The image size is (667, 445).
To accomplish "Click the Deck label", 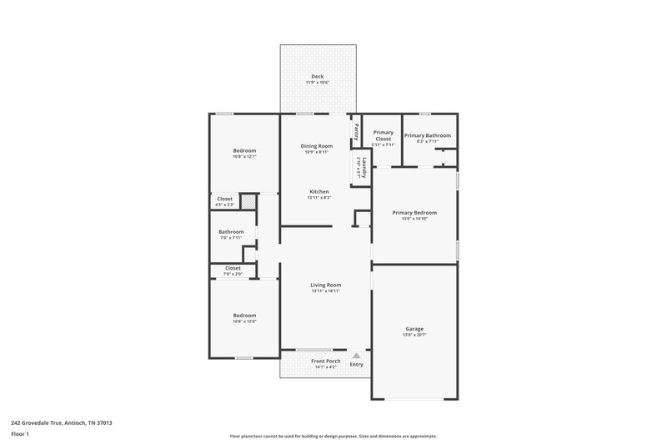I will point(318,77).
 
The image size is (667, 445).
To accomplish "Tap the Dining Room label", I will point(317,146).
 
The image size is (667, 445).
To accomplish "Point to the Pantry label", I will point(356,131).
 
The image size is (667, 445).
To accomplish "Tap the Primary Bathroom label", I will point(427,135).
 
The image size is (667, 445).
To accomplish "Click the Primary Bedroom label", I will point(414,213).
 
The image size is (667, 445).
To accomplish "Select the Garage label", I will point(414,329).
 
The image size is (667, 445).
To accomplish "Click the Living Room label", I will point(325,286).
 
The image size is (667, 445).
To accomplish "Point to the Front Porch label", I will point(324,361).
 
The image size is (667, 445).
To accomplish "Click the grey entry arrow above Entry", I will point(357,356).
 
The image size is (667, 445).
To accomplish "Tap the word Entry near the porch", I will point(357,364).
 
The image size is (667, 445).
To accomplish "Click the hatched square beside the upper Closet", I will point(247,200).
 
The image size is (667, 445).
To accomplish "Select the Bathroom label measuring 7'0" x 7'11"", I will point(231,232).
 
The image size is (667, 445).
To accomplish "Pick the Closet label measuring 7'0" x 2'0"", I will point(233,268).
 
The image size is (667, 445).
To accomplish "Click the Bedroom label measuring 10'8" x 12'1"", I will point(243,151).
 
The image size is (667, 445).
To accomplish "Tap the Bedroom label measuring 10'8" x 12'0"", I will point(243,316).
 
